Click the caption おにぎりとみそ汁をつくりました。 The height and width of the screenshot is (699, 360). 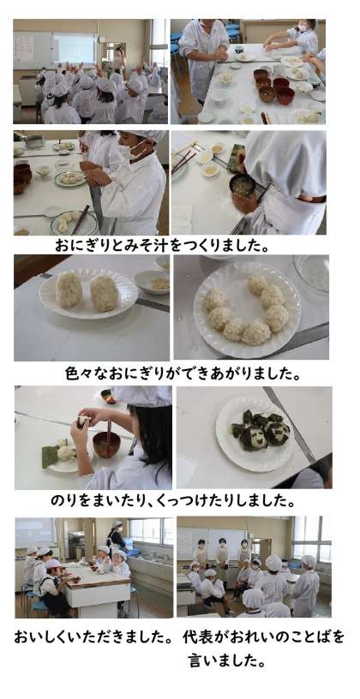click(162, 245)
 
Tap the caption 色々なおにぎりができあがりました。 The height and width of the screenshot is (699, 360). click(183, 373)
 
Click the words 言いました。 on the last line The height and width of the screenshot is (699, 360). click(227, 660)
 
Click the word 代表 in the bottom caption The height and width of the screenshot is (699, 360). click(195, 637)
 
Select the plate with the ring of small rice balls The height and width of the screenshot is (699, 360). click(247, 310)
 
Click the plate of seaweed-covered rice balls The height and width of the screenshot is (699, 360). click(255, 432)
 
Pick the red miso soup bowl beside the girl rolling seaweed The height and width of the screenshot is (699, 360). click(106, 444)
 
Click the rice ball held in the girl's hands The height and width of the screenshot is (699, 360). click(83, 421)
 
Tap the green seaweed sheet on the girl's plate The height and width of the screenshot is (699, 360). click(50, 456)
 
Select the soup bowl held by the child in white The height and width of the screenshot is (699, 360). click(243, 185)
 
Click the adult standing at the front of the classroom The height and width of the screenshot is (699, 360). click(118, 59)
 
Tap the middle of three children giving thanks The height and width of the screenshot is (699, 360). click(222, 552)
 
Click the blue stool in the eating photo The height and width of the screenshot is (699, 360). click(39, 606)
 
